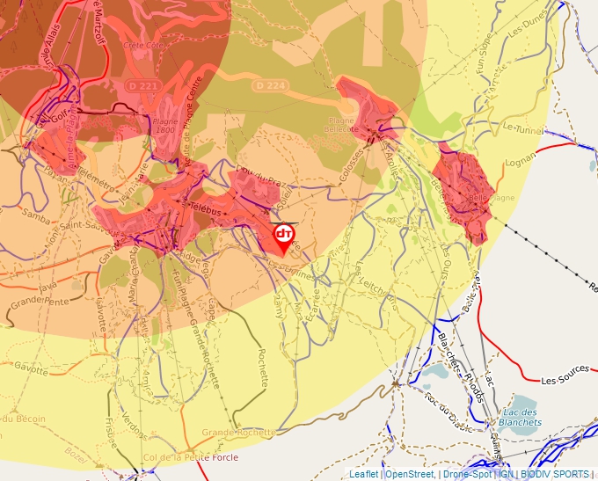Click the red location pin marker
(283, 236)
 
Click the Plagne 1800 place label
(164, 126)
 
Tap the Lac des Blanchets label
(519, 417)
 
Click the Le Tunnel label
(522, 128)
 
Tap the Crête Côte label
(145, 44)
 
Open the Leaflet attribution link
(364, 474)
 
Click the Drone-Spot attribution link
(466, 474)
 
